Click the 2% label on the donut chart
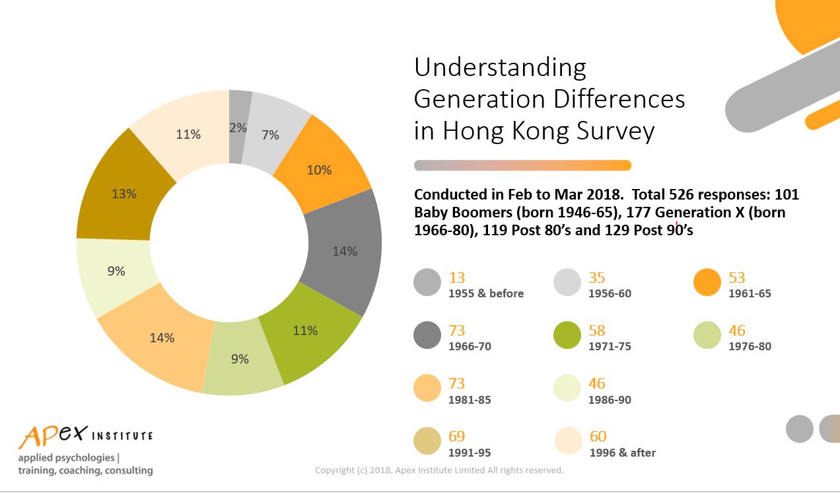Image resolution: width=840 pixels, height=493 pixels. pyautogui.click(x=238, y=128)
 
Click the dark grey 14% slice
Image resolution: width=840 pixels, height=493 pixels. pyautogui.click(x=343, y=251)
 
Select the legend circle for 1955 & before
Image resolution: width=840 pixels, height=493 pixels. pyautogui.click(x=427, y=282)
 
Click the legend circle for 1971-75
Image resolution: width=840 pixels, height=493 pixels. pyautogui.click(x=567, y=335)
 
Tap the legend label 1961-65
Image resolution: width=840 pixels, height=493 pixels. pyautogui.click(x=750, y=293)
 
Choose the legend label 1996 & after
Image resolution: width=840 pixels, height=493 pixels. pyautogui.click(x=623, y=453)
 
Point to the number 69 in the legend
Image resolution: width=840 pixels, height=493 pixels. pyautogui.click(x=457, y=436)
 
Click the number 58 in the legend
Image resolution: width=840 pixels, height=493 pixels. pyautogui.click(x=597, y=330)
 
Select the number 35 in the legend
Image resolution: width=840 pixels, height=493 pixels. pyautogui.click(x=597, y=278)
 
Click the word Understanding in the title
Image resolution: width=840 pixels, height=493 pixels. pyautogui.click(x=501, y=68)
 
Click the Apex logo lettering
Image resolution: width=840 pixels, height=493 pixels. pyautogui.click(x=53, y=436)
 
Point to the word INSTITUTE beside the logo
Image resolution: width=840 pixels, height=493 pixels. pyautogui.click(x=122, y=436)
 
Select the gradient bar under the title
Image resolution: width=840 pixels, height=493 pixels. pyautogui.click(x=523, y=165)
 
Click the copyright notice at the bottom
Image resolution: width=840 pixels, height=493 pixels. pyautogui.click(x=439, y=470)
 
